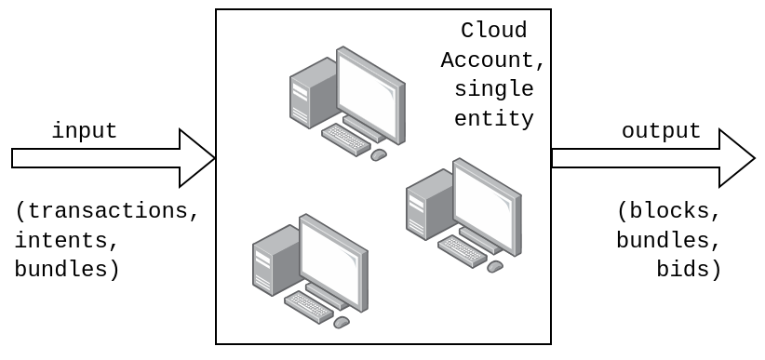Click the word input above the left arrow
tap(84, 131)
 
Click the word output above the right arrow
tap(661, 131)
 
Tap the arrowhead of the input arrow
tap(197, 158)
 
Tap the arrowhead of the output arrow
tap(736, 158)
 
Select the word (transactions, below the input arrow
tap(107, 211)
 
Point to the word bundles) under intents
tap(67, 270)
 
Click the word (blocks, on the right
tap(669, 211)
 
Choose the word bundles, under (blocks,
tap(669, 241)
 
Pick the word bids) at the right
tap(689, 270)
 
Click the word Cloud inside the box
tap(493, 31)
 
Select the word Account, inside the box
tap(493, 60)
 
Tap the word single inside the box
tap(493, 90)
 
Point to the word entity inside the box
tap(493, 119)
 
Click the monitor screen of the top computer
tap(371, 96)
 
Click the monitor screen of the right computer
tap(488, 207)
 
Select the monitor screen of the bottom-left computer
tap(334, 262)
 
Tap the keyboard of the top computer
tap(346, 140)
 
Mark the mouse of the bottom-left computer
tap(342, 322)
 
